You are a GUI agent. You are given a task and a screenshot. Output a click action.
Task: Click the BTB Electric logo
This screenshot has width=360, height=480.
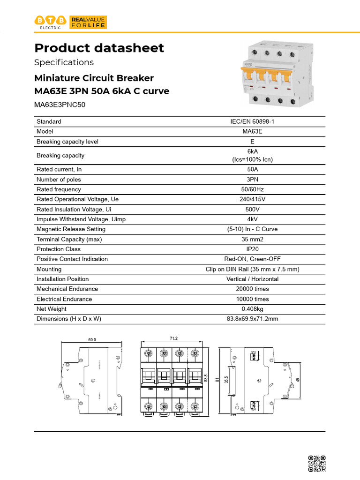(51, 22)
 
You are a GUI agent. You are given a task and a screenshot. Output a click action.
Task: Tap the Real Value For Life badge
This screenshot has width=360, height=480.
(88, 22)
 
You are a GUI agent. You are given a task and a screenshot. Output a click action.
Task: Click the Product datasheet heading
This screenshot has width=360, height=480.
(99, 48)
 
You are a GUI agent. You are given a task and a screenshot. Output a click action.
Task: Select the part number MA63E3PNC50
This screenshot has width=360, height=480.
(60, 105)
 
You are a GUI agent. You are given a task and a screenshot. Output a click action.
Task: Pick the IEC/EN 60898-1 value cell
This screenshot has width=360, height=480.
(252, 121)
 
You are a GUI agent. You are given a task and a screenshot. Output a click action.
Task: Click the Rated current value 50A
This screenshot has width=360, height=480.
(252, 169)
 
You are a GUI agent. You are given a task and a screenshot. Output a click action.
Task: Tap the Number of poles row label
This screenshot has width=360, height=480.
(59, 180)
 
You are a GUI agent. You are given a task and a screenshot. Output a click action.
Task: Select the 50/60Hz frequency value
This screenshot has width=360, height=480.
(252, 189)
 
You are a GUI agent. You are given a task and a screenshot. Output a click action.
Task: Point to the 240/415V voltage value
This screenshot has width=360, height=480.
(252, 199)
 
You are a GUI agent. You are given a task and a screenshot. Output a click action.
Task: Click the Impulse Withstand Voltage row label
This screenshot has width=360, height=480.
(81, 219)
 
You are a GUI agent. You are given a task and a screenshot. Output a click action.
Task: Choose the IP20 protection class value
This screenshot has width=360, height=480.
(252, 249)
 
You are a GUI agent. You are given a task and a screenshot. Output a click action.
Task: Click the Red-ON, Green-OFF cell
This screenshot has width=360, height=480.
(252, 259)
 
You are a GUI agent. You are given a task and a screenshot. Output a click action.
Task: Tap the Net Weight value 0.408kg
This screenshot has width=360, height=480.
(252, 309)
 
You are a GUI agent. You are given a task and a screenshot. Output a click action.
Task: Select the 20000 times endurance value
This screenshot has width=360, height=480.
(252, 289)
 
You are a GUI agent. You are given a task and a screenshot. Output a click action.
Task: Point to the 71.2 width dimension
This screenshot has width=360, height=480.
(173, 337)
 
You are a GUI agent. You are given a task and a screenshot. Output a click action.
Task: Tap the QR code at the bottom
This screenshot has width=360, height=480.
(317, 463)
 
